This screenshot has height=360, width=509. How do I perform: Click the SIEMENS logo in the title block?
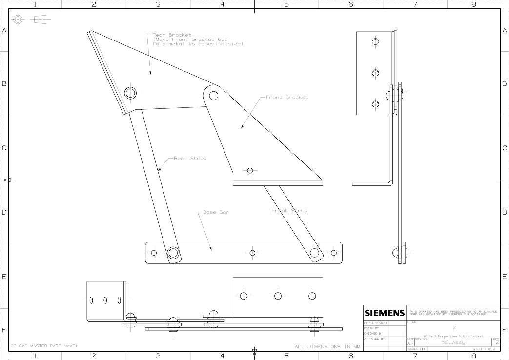pos(385,313)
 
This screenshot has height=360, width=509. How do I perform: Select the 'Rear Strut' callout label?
pos(190,158)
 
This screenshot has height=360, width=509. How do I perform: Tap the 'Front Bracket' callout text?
pos(286,98)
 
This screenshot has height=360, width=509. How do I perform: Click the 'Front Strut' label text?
pos(289,211)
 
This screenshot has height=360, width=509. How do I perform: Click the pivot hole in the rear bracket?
pos(130,93)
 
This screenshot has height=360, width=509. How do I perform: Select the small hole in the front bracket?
pos(250,171)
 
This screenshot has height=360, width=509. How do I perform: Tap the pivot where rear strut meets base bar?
pos(173,253)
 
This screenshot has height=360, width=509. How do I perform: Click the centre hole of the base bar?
pos(252,253)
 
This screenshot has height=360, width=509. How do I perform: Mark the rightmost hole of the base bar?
pos(334,253)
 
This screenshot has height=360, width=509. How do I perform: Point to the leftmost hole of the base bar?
pos(154,253)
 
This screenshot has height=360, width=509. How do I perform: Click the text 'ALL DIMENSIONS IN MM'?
pos(327,347)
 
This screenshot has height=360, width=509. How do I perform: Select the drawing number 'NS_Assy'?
pos(453,343)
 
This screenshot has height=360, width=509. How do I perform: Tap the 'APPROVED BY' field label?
pos(374,338)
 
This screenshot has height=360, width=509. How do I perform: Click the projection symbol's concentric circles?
pos(18,20)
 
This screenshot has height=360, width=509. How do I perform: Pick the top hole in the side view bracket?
pos(375,42)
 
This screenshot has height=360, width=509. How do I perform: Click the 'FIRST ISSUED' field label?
pos(375,323)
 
